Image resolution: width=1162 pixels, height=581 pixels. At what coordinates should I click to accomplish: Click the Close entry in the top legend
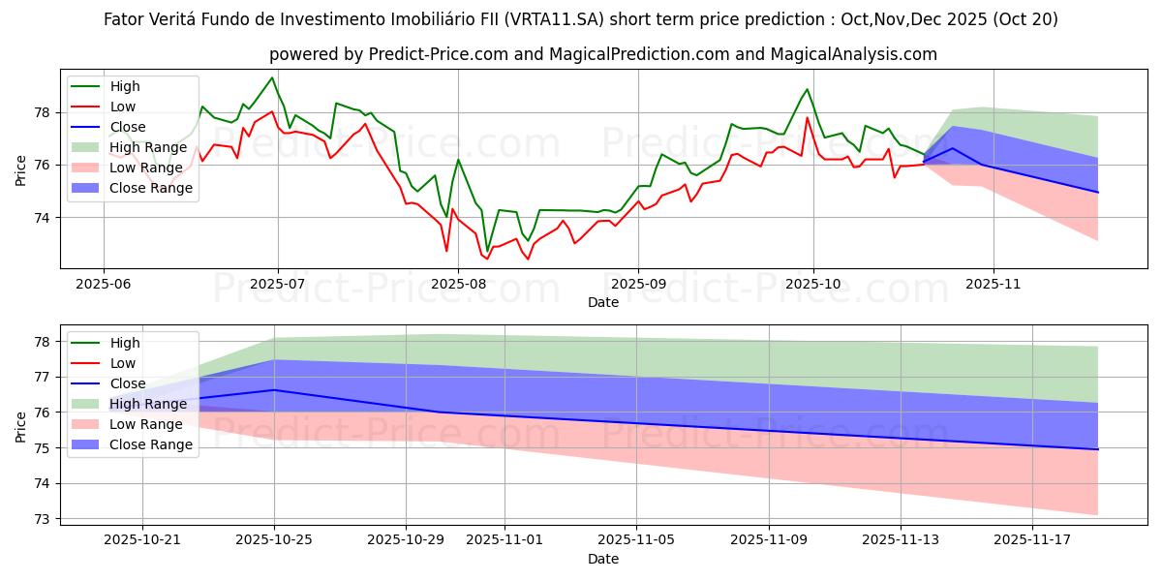tap(127, 127)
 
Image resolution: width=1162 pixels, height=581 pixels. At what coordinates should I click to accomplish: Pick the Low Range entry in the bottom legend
tap(145, 424)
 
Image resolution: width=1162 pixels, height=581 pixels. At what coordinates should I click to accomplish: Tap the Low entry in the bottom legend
tap(124, 363)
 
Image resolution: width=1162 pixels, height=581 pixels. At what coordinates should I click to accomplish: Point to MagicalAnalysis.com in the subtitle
tap(853, 54)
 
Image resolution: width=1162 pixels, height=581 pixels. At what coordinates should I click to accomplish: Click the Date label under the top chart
tap(602, 303)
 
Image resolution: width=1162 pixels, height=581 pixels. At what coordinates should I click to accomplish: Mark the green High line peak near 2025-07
tap(272, 77)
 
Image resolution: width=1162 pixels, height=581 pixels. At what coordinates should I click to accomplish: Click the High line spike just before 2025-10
tap(807, 89)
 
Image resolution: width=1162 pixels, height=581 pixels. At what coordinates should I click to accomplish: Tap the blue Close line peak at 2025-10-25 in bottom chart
tap(274, 390)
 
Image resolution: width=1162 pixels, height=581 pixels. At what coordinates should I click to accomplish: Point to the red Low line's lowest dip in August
tap(486, 259)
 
